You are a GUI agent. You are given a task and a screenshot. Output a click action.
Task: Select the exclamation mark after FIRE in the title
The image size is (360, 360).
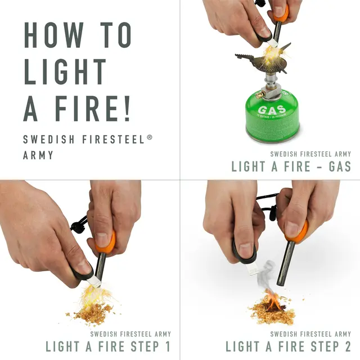[x=125, y=109]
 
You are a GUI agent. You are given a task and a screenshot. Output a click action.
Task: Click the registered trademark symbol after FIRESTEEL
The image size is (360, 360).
[x=150, y=137]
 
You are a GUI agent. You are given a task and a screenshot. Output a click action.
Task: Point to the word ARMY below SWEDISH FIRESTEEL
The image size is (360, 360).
[x=38, y=155]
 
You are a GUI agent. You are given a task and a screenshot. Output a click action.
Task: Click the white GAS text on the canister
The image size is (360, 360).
[x=272, y=110]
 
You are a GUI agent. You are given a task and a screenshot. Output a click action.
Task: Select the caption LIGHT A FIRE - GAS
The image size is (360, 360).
[x=291, y=166]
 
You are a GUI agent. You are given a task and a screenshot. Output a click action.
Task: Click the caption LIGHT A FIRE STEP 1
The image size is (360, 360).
[x=107, y=346]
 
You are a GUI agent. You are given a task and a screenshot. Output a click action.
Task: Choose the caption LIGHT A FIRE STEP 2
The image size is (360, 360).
[x=288, y=346]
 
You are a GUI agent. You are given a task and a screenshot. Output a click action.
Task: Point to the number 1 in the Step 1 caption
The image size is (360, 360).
[x=167, y=346]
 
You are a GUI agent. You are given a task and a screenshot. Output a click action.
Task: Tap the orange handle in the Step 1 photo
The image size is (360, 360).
[x=105, y=242]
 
